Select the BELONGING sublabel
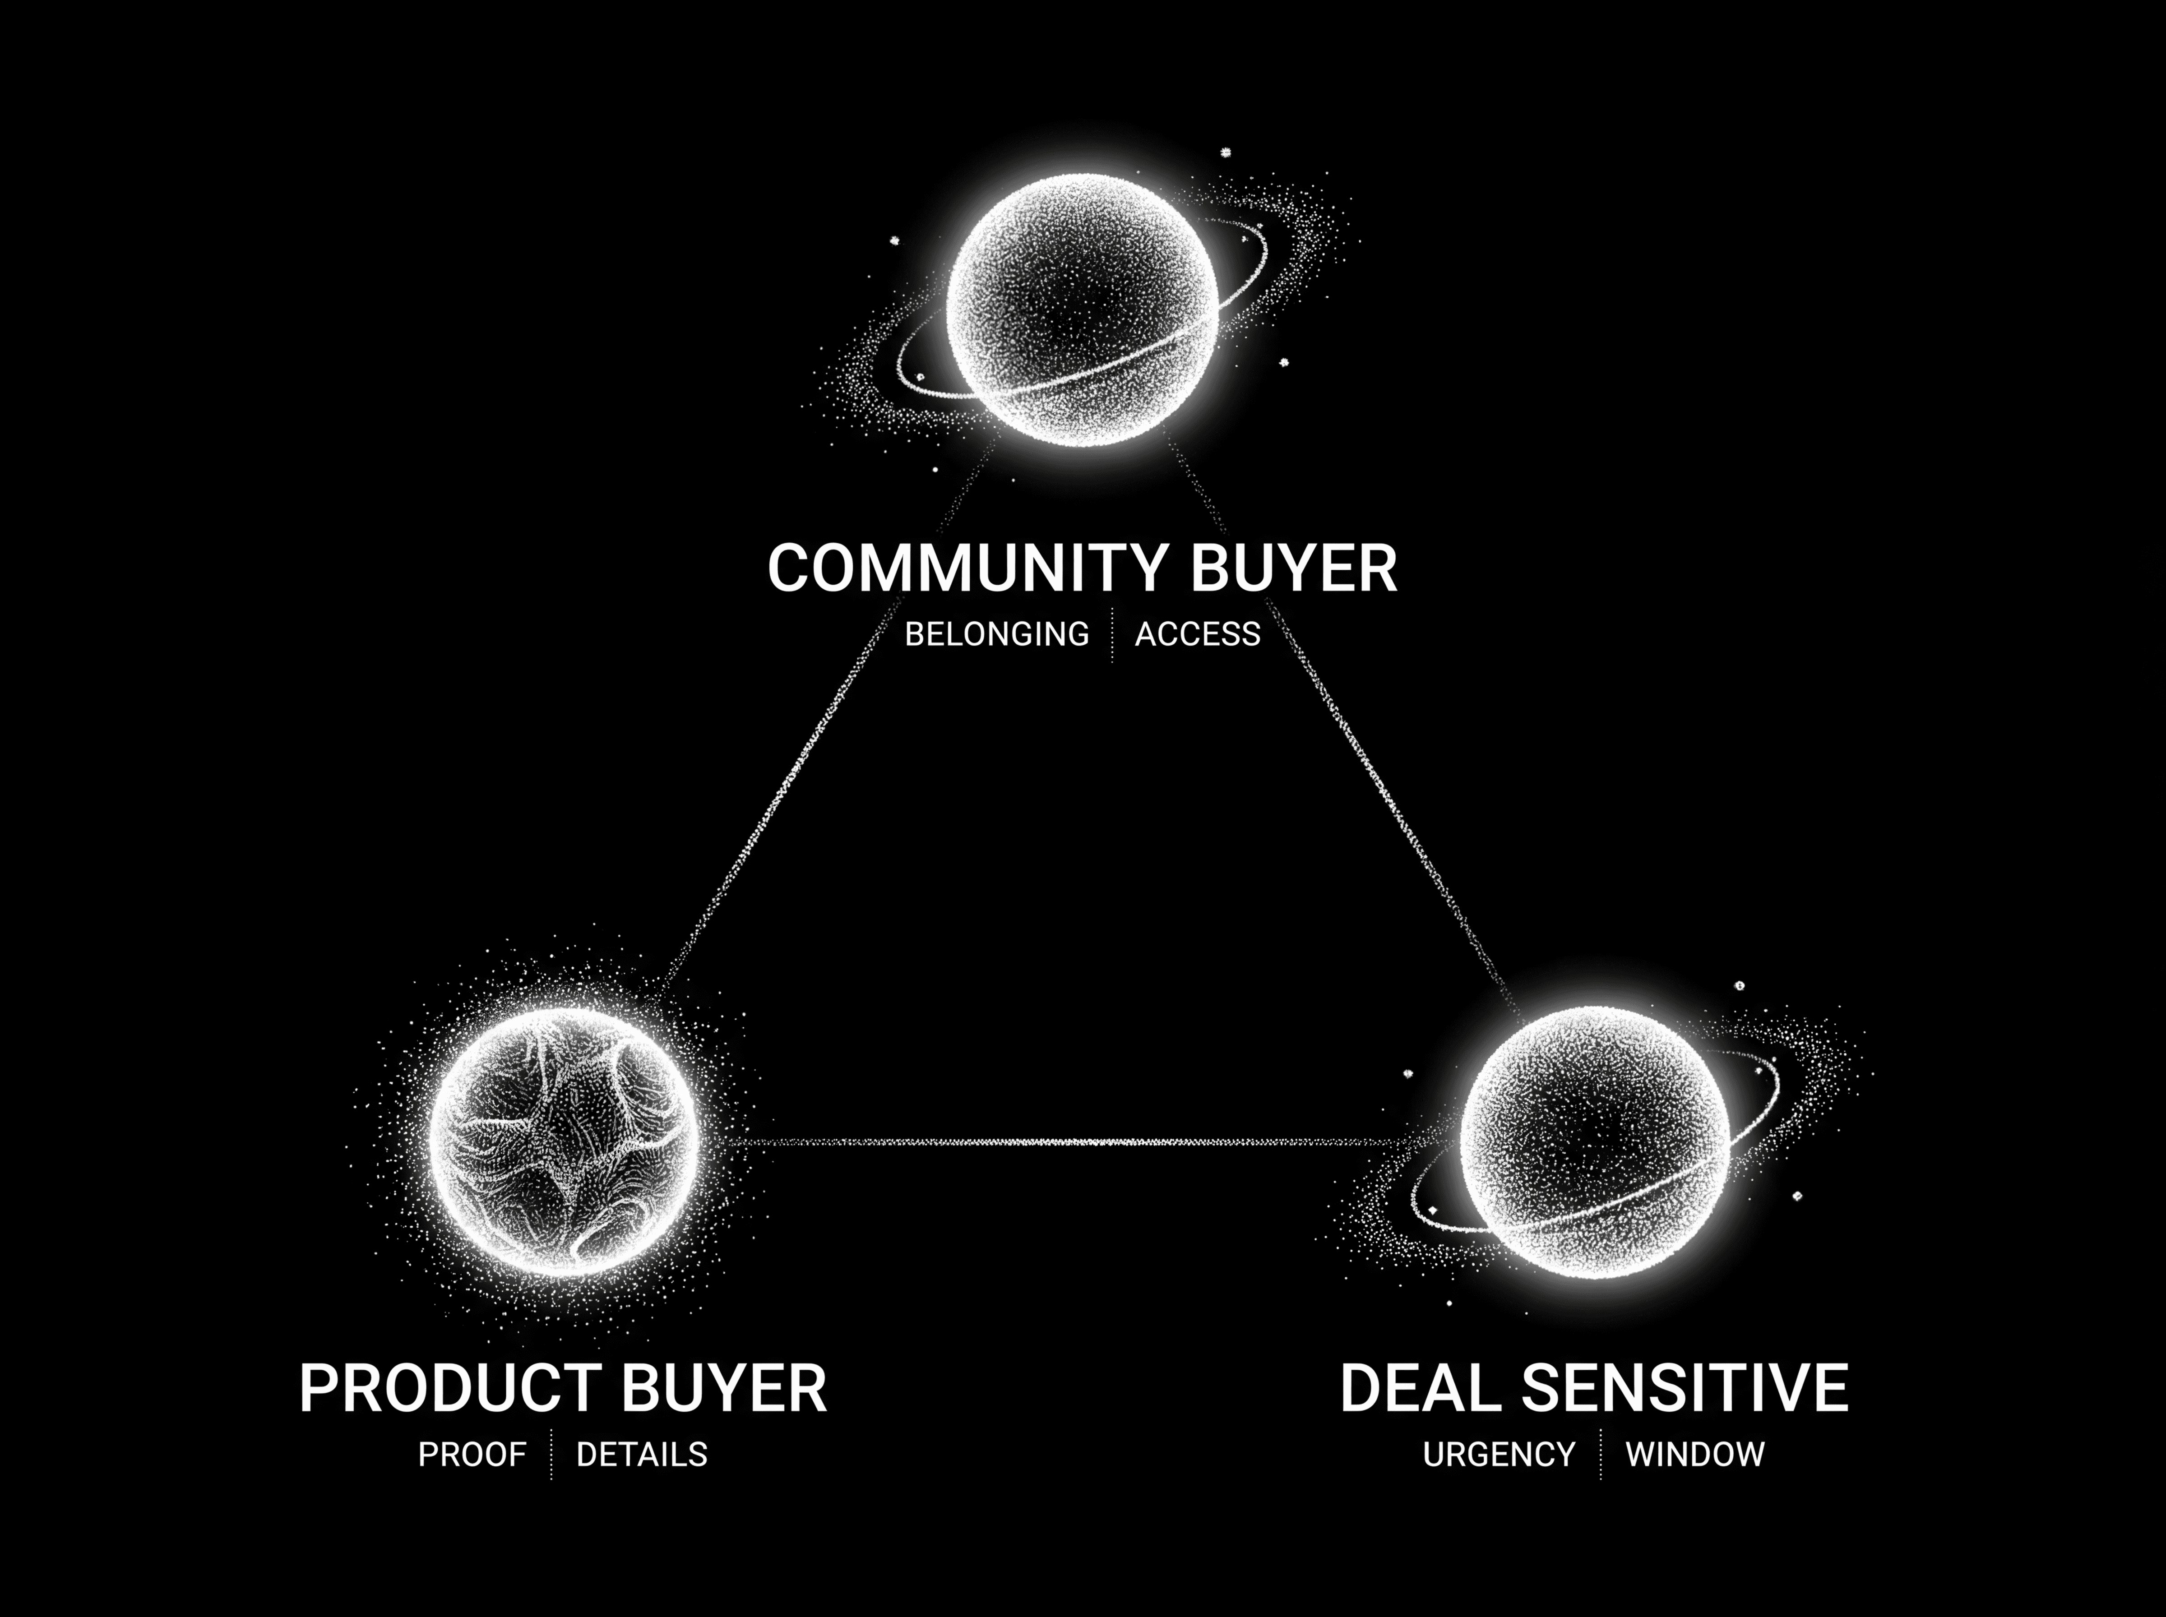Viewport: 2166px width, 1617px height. [x=996, y=634]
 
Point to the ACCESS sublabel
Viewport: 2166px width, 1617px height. [x=1197, y=634]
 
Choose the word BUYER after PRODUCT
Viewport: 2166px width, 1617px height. [x=724, y=1388]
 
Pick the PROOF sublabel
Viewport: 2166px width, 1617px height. [x=472, y=1455]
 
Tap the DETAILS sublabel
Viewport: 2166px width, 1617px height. [x=641, y=1455]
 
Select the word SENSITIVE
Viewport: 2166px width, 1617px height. [x=1684, y=1388]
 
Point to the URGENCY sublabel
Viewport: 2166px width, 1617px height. [x=1499, y=1455]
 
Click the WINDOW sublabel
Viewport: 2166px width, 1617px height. [x=1695, y=1455]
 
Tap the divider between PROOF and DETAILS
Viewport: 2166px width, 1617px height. [x=551, y=1455]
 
